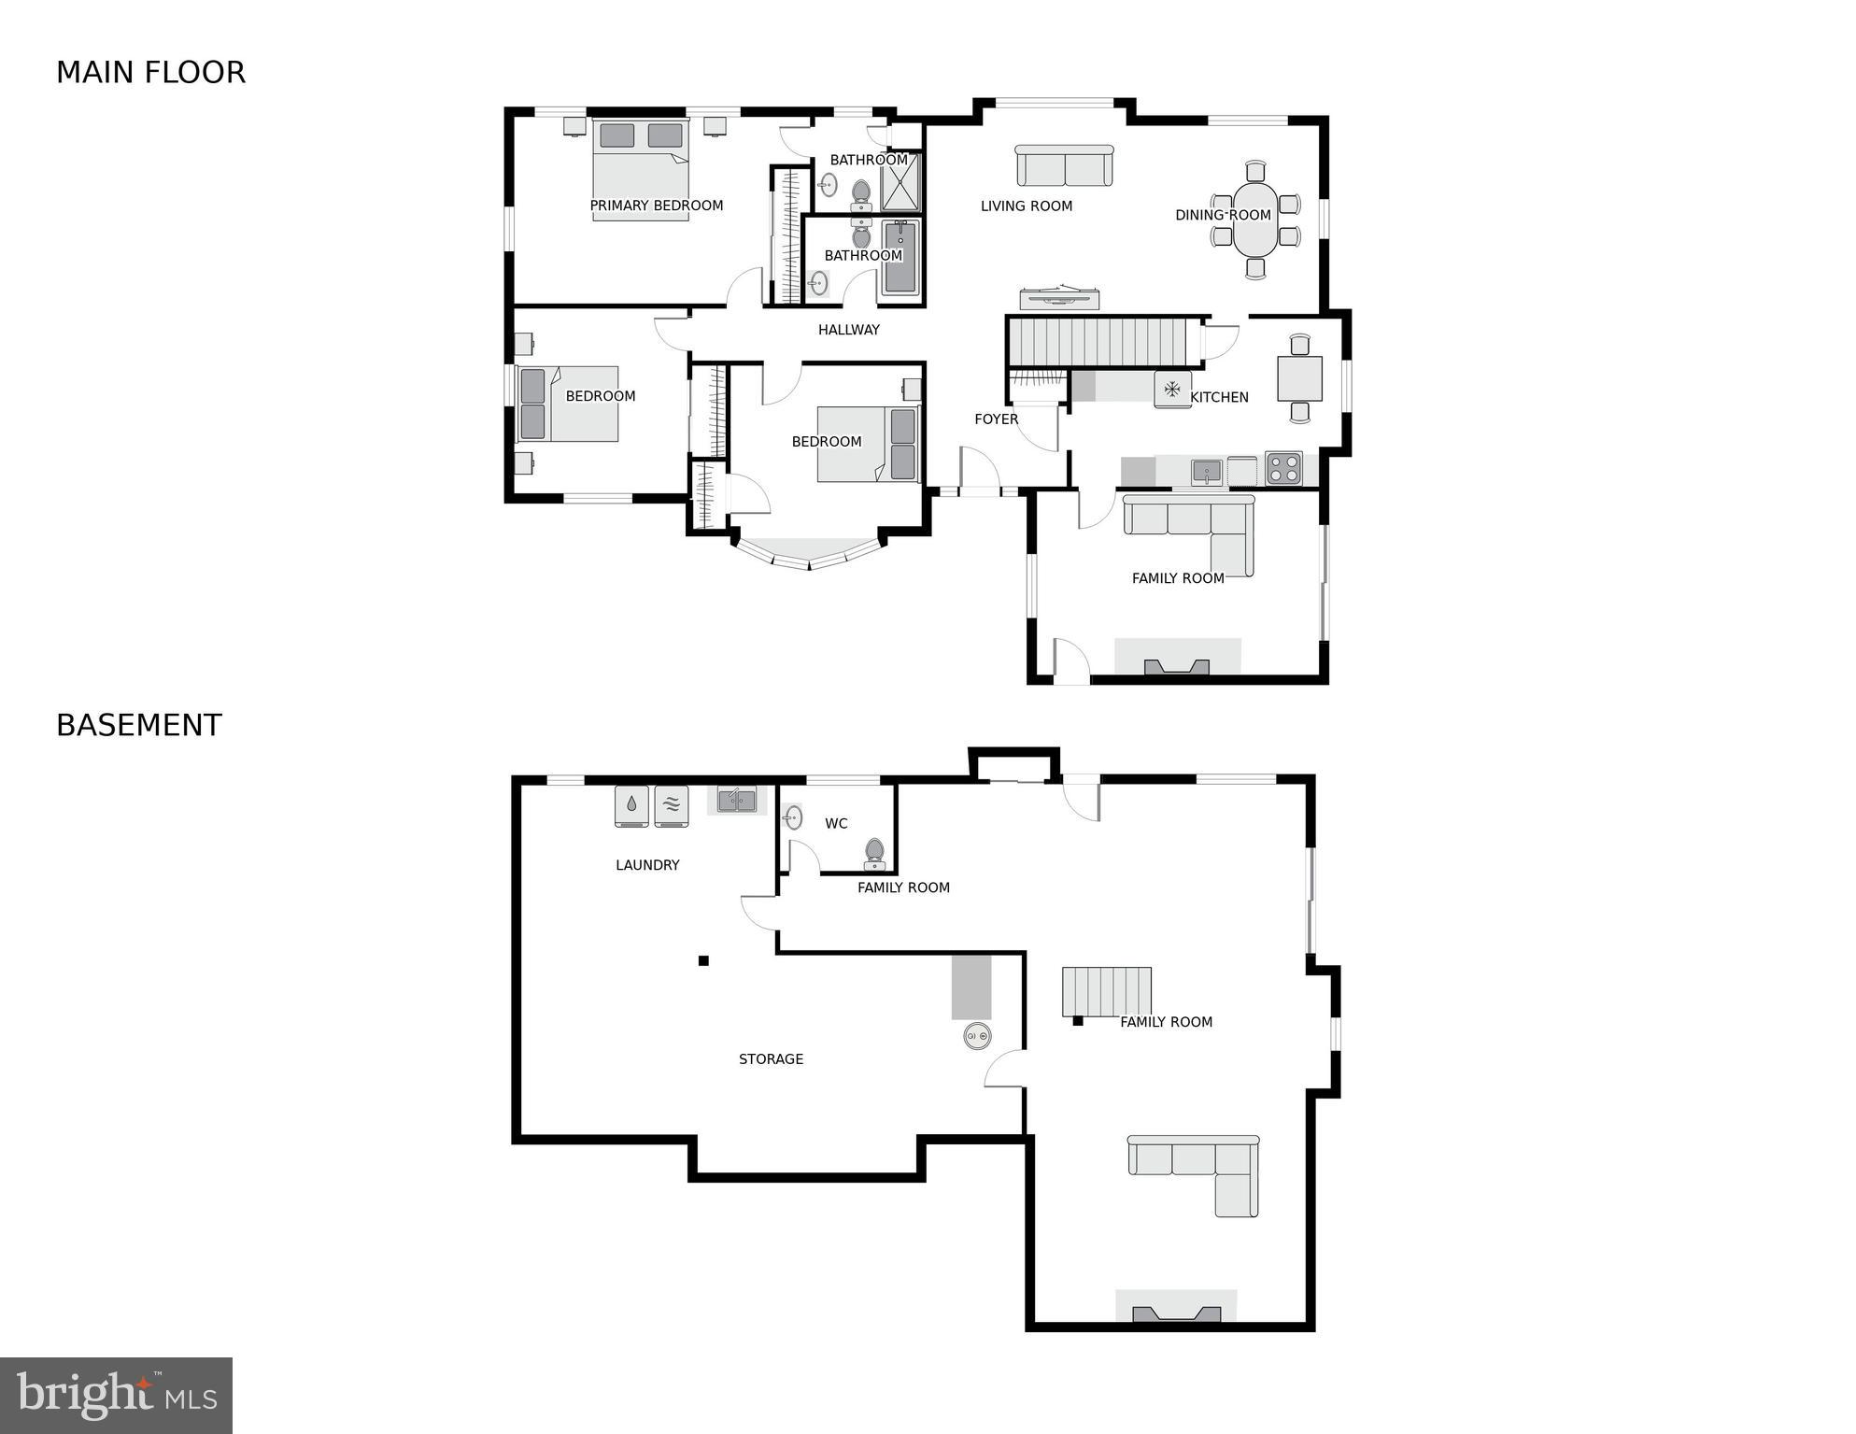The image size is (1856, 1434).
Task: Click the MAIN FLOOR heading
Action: (150, 73)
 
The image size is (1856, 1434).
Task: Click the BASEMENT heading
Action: (138, 726)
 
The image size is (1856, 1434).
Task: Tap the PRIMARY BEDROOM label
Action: (656, 206)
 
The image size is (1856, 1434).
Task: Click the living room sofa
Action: (1064, 166)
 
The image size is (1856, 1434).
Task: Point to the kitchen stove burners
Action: (1282, 469)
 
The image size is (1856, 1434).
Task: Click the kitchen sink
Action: (1206, 472)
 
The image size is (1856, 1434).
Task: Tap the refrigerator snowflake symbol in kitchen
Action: (1171, 389)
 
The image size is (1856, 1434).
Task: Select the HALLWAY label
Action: (848, 330)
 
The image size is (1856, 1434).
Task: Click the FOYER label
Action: (996, 419)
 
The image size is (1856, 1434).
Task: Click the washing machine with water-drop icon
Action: (631, 805)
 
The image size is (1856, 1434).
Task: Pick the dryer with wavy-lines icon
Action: (671, 805)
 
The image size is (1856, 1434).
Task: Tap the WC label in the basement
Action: (836, 824)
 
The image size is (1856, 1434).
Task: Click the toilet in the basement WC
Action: (874, 852)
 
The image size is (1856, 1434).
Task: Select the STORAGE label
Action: (771, 1059)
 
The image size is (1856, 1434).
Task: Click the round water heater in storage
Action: (977, 1035)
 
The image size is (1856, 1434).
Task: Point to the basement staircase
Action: (1106, 992)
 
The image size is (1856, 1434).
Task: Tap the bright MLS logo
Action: (116, 1396)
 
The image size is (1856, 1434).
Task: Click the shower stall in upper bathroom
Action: (900, 181)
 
